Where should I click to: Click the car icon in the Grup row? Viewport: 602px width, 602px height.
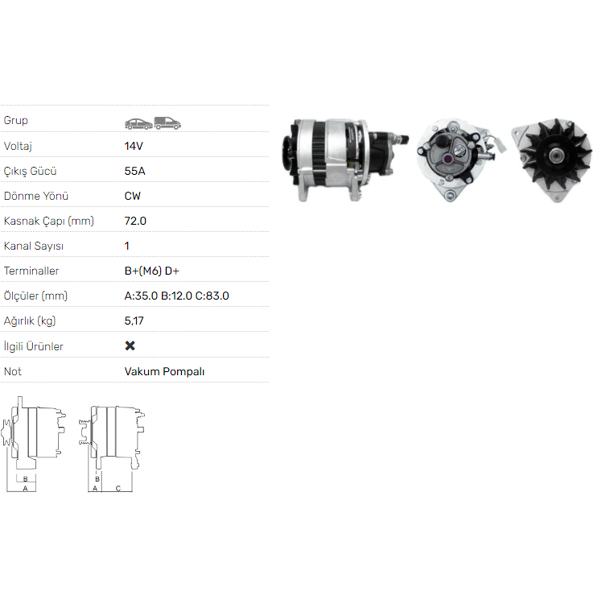tap(138, 124)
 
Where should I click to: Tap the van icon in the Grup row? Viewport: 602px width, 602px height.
tap(168, 123)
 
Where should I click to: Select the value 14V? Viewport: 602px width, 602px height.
tap(134, 146)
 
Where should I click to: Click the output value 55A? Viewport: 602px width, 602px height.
tap(135, 171)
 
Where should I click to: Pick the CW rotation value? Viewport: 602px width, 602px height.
tap(132, 196)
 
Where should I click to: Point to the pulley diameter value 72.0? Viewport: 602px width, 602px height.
tap(135, 221)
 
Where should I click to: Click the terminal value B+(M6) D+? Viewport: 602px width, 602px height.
tap(152, 271)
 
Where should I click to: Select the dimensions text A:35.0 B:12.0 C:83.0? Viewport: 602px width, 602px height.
tap(177, 296)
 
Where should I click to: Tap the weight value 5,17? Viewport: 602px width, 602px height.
tap(134, 321)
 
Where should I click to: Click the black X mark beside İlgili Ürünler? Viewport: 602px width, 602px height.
tap(130, 346)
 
